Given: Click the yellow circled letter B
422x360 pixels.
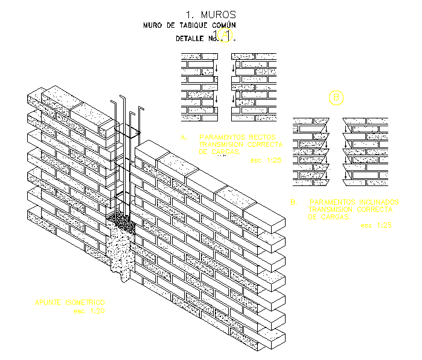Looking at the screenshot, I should tap(335, 97).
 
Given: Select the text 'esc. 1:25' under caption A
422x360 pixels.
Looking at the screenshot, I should tap(265, 161).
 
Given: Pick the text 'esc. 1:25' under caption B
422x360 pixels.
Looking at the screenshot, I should tap(376, 225).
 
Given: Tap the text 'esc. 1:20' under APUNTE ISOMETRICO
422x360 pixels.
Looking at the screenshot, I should tap(89, 311).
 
